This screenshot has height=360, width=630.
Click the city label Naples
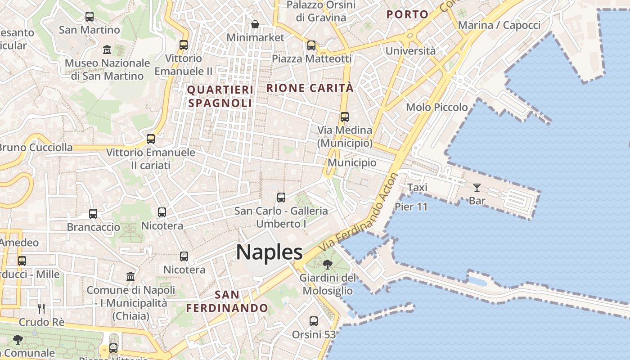click(x=269, y=252)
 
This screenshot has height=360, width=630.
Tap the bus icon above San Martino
click(x=90, y=17)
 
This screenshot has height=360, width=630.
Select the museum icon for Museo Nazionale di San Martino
click(x=107, y=49)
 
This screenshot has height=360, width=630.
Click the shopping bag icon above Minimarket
click(x=255, y=24)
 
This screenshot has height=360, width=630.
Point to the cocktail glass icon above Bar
click(x=477, y=188)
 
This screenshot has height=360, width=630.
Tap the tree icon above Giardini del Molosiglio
click(x=328, y=265)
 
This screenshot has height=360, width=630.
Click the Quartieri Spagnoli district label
click(x=220, y=96)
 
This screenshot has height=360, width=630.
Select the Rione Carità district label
click(x=310, y=88)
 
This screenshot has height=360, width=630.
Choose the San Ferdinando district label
click(x=227, y=301)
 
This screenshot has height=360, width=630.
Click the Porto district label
click(x=407, y=14)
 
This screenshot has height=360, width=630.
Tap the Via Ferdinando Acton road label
click(x=359, y=213)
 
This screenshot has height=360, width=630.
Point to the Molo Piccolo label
click(x=436, y=107)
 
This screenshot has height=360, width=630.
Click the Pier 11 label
click(x=411, y=207)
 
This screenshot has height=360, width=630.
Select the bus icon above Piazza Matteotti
click(x=311, y=45)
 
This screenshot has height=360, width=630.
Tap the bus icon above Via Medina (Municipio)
click(x=345, y=117)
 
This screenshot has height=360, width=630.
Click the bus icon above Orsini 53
click(x=314, y=321)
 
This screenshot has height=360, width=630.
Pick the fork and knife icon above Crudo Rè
click(x=41, y=309)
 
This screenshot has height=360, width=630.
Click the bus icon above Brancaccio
click(x=93, y=214)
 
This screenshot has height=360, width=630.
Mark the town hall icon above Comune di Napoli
click(x=130, y=276)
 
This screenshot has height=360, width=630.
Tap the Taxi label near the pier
click(x=417, y=187)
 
